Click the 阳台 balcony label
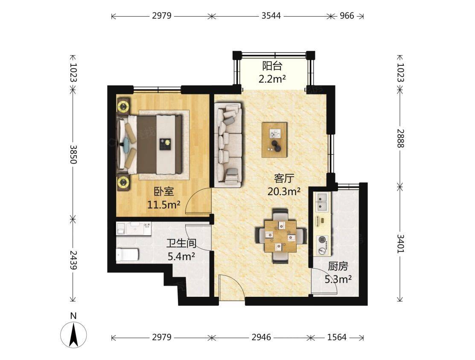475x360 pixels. click(x=272, y=66)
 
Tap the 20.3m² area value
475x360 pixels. click(x=284, y=191)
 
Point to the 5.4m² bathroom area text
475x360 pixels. click(x=181, y=257)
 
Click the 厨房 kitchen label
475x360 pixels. click(x=338, y=266)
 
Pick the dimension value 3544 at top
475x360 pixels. click(x=271, y=15)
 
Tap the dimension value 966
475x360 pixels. click(x=347, y=15)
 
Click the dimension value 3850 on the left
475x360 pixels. click(x=73, y=154)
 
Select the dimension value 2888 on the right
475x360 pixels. click(x=400, y=138)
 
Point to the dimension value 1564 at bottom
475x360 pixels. click(x=337, y=337)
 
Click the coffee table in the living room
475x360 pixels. click(x=274, y=140)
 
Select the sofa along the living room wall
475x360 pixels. click(x=228, y=145)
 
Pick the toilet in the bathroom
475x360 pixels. click(x=128, y=255)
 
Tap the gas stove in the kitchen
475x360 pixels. click(x=322, y=245)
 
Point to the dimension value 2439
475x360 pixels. click(x=73, y=260)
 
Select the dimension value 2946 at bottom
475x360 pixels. click(x=261, y=337)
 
